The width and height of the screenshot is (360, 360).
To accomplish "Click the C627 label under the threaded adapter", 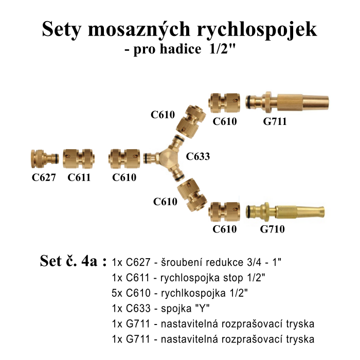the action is [x=44, y=177].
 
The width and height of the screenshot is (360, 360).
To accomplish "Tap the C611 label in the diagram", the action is [x=79, y=177].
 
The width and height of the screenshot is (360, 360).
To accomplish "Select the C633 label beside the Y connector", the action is [x=198, y=156].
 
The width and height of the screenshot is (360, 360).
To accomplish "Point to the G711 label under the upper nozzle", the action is [x=275, y=121].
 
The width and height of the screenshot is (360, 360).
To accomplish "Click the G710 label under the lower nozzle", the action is [x=272, y=229].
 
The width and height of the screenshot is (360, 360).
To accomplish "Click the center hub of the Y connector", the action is [x=167, y=158].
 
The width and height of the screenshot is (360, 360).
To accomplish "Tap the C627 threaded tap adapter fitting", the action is [x=45, y=158].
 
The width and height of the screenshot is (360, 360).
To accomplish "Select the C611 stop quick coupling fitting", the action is [x=79, y=158].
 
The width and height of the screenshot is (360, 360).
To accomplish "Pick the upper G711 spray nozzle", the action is [x=287, y=102].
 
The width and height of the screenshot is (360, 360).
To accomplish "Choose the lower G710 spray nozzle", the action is [x=285, y=211].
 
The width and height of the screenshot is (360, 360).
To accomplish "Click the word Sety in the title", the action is [x=62, y=29].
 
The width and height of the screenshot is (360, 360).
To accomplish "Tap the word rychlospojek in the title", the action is [x=257, y=30].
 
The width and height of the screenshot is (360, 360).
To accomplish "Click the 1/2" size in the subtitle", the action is [x=223, y=49].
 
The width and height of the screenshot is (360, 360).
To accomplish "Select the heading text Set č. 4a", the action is [x=73, y=261].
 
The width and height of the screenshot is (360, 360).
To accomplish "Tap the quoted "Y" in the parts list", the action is [x=201, y=308].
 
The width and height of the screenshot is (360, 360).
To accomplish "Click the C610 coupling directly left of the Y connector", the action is [x=124, y=158].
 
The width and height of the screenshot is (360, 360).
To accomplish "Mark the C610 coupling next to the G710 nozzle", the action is [x=224, y=212].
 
